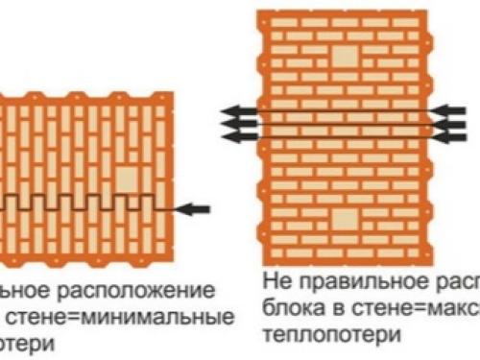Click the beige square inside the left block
pos(126,179)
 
